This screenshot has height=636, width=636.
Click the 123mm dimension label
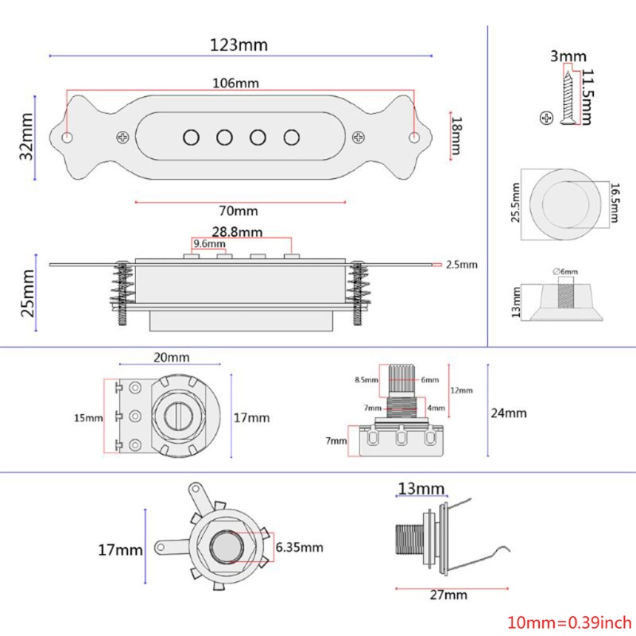coord(239,45)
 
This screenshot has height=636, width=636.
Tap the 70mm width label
coord(238,211)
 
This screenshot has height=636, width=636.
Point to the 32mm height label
coord(26,138)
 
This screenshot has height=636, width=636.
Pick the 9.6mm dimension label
coord(207,244)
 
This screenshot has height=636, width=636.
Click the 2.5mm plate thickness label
coord(461,264)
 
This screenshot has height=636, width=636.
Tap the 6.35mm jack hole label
coord(299,547)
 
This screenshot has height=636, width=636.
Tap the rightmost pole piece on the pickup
coord(292,137)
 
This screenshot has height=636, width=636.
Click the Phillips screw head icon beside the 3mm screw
coord(545,118)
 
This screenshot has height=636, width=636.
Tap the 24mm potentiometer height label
coord(509,413)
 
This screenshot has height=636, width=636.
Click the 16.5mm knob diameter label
coord(615,206)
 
